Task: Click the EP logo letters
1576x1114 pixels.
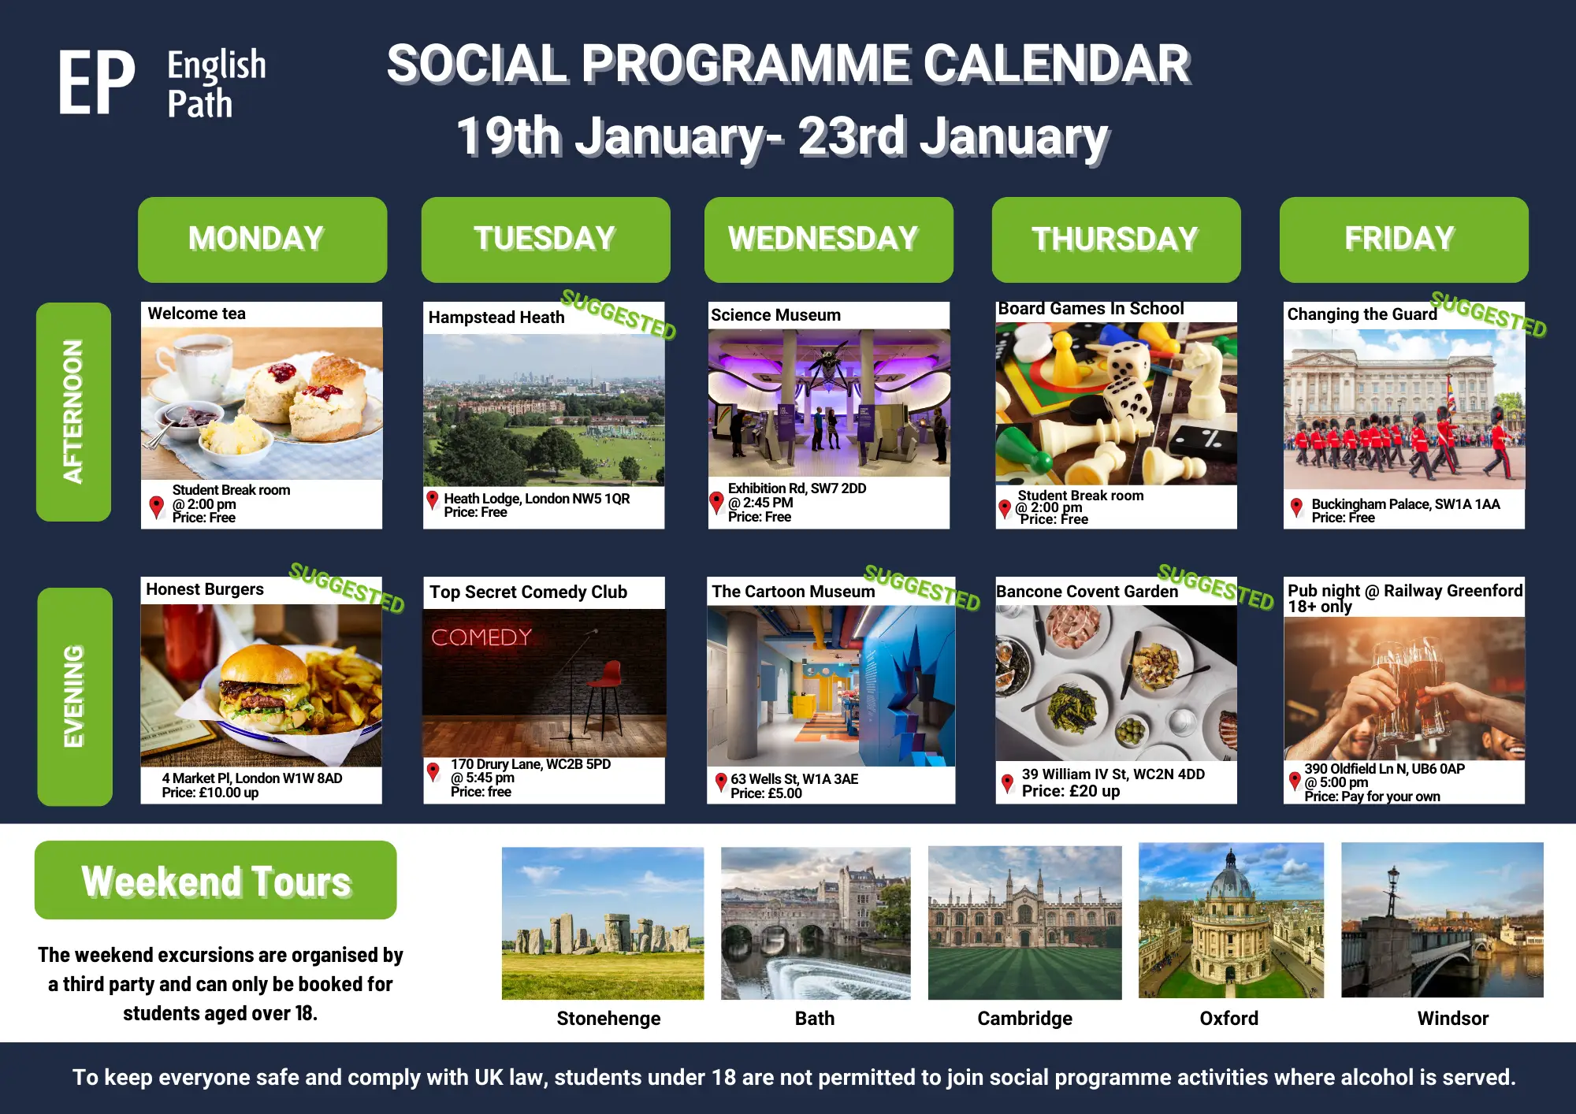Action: (x=96, y=83)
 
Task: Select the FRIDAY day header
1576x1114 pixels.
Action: (x=1403, y=240)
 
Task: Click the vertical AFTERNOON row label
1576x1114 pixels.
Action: (x=73, y=411)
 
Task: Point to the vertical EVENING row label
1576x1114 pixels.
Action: (x=74, y=696)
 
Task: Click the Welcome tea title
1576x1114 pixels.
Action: (x=197, y=314)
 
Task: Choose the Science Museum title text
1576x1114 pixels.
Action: (x=776, y=315)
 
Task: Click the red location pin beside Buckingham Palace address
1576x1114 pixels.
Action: (x=1296, y=507)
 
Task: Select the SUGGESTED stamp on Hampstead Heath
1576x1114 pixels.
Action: (x=619, y=314)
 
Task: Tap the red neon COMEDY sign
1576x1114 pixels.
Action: (x=481, y=637)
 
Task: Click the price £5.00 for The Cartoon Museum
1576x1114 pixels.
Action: (x=766, y=793)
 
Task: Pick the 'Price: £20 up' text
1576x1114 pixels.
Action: (x=1071, y=791)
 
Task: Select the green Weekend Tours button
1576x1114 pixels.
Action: (x=216, y=880)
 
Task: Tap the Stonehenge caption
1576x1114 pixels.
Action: (x=608, y=1019)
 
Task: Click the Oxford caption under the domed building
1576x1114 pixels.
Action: (x=1229, y=1019)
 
